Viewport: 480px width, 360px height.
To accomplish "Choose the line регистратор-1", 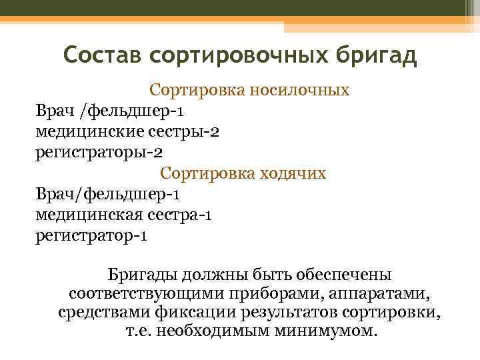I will (x=92, y=236).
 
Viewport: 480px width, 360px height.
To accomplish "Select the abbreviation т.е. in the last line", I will (x=141, y=331).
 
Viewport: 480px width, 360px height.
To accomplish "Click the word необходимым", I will (x=215, y=331).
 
